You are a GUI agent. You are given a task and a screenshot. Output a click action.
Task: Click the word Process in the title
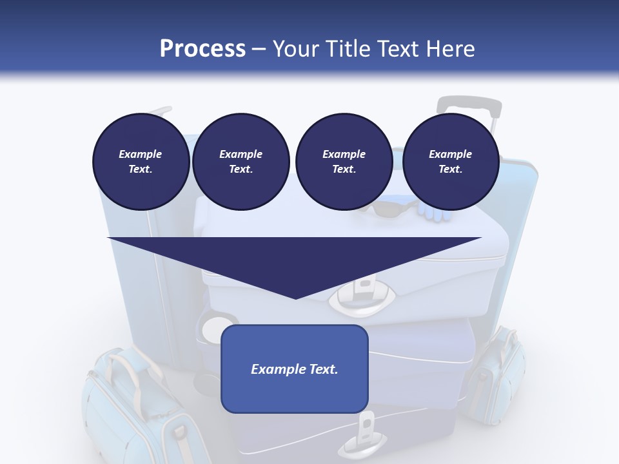tap(202, 49)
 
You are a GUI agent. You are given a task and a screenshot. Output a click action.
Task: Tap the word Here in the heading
tap(449, 49)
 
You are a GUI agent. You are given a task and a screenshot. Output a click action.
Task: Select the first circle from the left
tap(141, 161)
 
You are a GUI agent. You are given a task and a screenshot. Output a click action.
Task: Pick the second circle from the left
tap(241, 161)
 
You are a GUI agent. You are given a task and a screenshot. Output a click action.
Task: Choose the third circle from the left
tap(344, 161)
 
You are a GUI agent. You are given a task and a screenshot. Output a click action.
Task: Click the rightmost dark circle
tap(450, 161)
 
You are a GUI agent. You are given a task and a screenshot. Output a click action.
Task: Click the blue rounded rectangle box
tap(294, 369)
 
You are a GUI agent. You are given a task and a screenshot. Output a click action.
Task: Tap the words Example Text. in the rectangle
tap(294, 369)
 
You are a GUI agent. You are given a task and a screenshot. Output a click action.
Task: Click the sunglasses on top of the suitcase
tap(387, 208)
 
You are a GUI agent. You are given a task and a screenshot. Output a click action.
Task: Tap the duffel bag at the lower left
tap(129, 406)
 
